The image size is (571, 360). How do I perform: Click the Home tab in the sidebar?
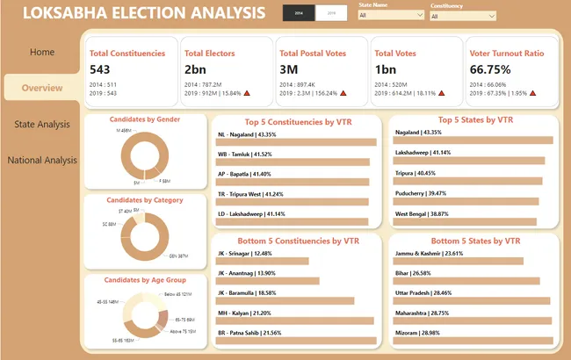point(42,52)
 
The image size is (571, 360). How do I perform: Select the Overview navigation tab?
point(42,88)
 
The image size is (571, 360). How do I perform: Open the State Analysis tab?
point(42,124)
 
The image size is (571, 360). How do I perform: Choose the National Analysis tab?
point(42,160)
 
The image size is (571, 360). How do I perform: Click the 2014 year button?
point(299,13)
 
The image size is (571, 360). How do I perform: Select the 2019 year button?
point(331,13)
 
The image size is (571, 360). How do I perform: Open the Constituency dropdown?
point(463,16)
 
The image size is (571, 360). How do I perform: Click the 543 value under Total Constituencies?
point(99,69)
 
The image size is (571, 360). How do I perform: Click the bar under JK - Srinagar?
point(263,261)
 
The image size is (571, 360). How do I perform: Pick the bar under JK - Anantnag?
point(268,281)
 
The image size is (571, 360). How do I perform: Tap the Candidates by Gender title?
point(144,119)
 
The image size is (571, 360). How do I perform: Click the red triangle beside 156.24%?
point(343,92)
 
